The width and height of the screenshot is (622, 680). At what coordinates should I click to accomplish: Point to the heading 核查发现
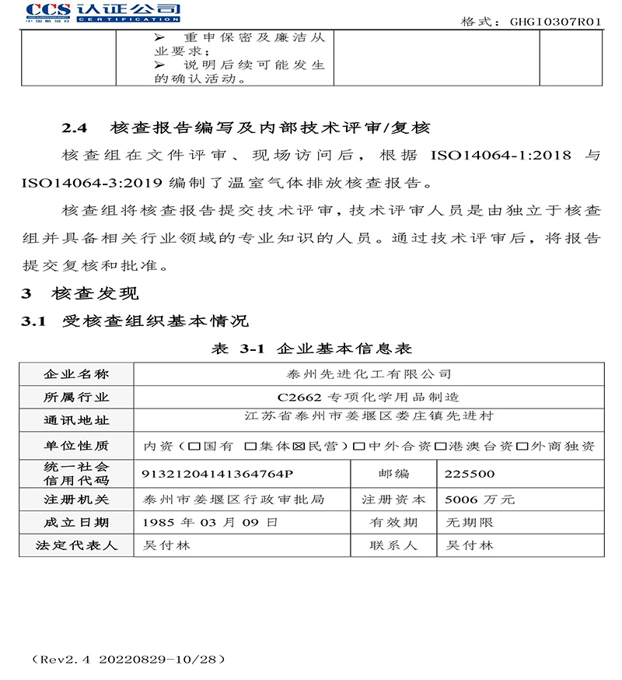click(96, 293)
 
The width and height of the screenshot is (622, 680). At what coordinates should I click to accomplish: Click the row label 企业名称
click(76, 374)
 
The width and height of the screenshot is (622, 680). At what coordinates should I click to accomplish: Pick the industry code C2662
click(295, 397)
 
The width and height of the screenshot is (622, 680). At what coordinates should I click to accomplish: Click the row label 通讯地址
click(76, 420)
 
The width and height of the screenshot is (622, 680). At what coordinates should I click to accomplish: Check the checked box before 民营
click(296, 447)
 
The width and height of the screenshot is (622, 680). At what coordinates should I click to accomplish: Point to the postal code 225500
click(469, 473)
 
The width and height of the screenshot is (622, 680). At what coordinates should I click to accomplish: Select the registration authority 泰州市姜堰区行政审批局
click(229, 499)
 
